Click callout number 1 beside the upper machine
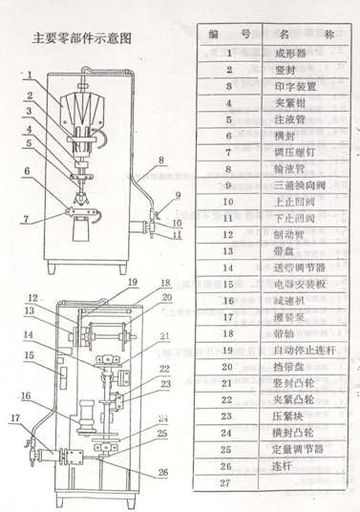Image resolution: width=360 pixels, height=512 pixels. pos(30,74)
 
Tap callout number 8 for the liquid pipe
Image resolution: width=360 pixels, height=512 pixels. pos(160,159)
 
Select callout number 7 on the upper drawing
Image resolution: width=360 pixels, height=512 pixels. pos(27,219)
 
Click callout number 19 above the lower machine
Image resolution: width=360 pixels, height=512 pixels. pos(133,283)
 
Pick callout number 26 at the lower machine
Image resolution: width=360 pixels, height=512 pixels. pos(133,470)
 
